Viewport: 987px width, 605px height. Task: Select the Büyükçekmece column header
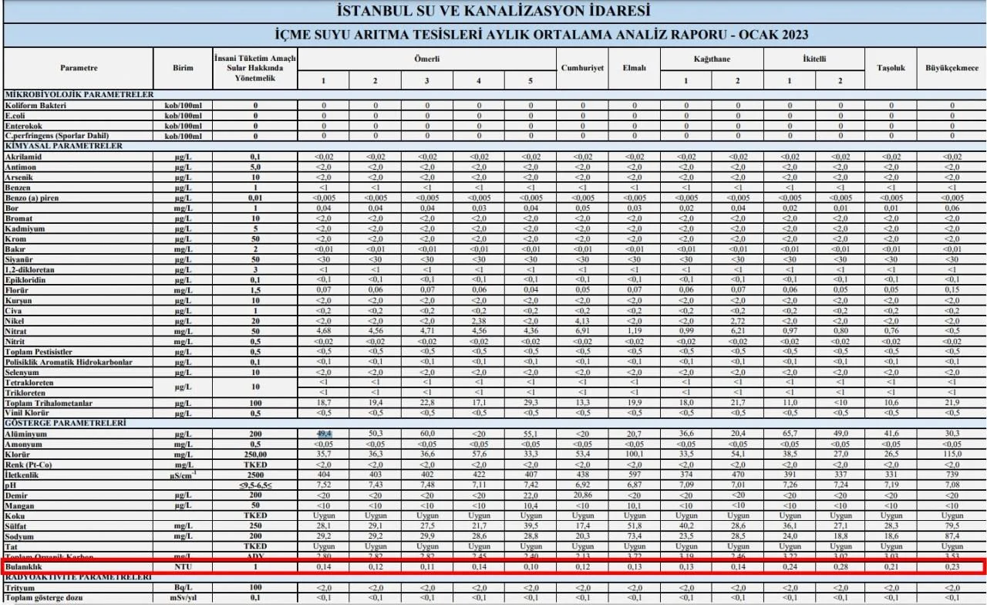952,68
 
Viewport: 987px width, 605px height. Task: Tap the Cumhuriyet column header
582,68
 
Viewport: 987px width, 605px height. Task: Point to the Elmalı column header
634,68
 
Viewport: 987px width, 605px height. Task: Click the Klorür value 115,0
952,456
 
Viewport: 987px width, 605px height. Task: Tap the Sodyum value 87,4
952,536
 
